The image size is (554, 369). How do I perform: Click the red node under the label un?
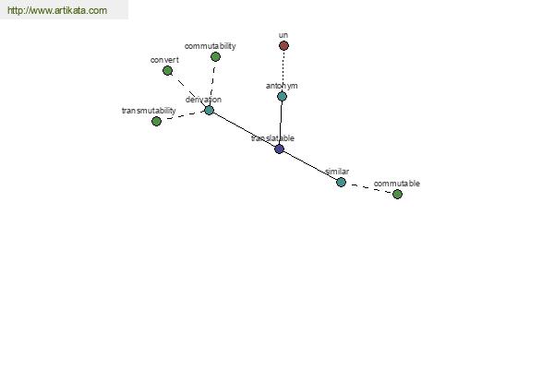(x=283, y=45)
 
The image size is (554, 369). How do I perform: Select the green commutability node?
(x=215, y=56)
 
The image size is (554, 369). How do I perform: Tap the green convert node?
(x=167, y=71)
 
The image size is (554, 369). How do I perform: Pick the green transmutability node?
(x=156, y=121)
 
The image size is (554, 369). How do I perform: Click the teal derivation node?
(x=210, y=110)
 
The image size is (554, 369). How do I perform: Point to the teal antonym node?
(x=282, y=96)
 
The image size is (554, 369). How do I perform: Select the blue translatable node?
(x=279, y=149)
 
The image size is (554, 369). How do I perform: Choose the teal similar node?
(x=341, y=183)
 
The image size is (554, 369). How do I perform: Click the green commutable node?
(x=397, y=194)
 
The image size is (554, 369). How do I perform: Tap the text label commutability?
(x=210, y=46)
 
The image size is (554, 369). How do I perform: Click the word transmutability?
(x=149, y=111)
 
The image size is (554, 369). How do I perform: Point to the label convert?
(x=164, y=60)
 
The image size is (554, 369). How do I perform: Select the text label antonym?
(x=282, y=86)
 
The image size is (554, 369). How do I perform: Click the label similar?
(x=337, y=172)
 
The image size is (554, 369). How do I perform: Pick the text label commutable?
(x=397, y=184)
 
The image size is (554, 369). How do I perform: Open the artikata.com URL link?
(x=57, y=10)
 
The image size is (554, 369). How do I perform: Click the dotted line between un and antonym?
(x=283, y=71)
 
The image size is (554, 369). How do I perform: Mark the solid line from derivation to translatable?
(x=244, y=129)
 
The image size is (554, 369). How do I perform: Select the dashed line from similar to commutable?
(x=369, y=188)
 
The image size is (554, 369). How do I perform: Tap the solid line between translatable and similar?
(x=310, y=165)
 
